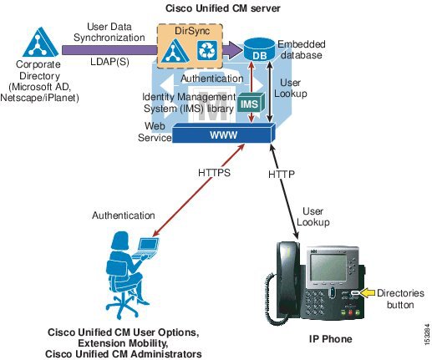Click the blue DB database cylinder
(x=259, y=49)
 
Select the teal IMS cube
(x=251, y=103)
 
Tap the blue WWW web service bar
(x=224, y=134)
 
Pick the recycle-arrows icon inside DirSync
(x=207, y=50)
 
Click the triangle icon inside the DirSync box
(x=175, y=51)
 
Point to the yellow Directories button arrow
(x=367, y=293)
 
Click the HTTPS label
(x=214, y=173)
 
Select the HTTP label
(x=282, y=175)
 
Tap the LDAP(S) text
(x=109, y=62)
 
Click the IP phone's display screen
(x=328, y=267)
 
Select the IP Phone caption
(x=330, y=339)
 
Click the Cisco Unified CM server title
(x=223, y=8)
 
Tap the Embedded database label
(x=302, y=49)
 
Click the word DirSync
(x=192, y=31)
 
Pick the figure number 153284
(x=427, y=334)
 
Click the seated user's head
(x=120, y=241)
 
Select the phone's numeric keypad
(x=315, y=303)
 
